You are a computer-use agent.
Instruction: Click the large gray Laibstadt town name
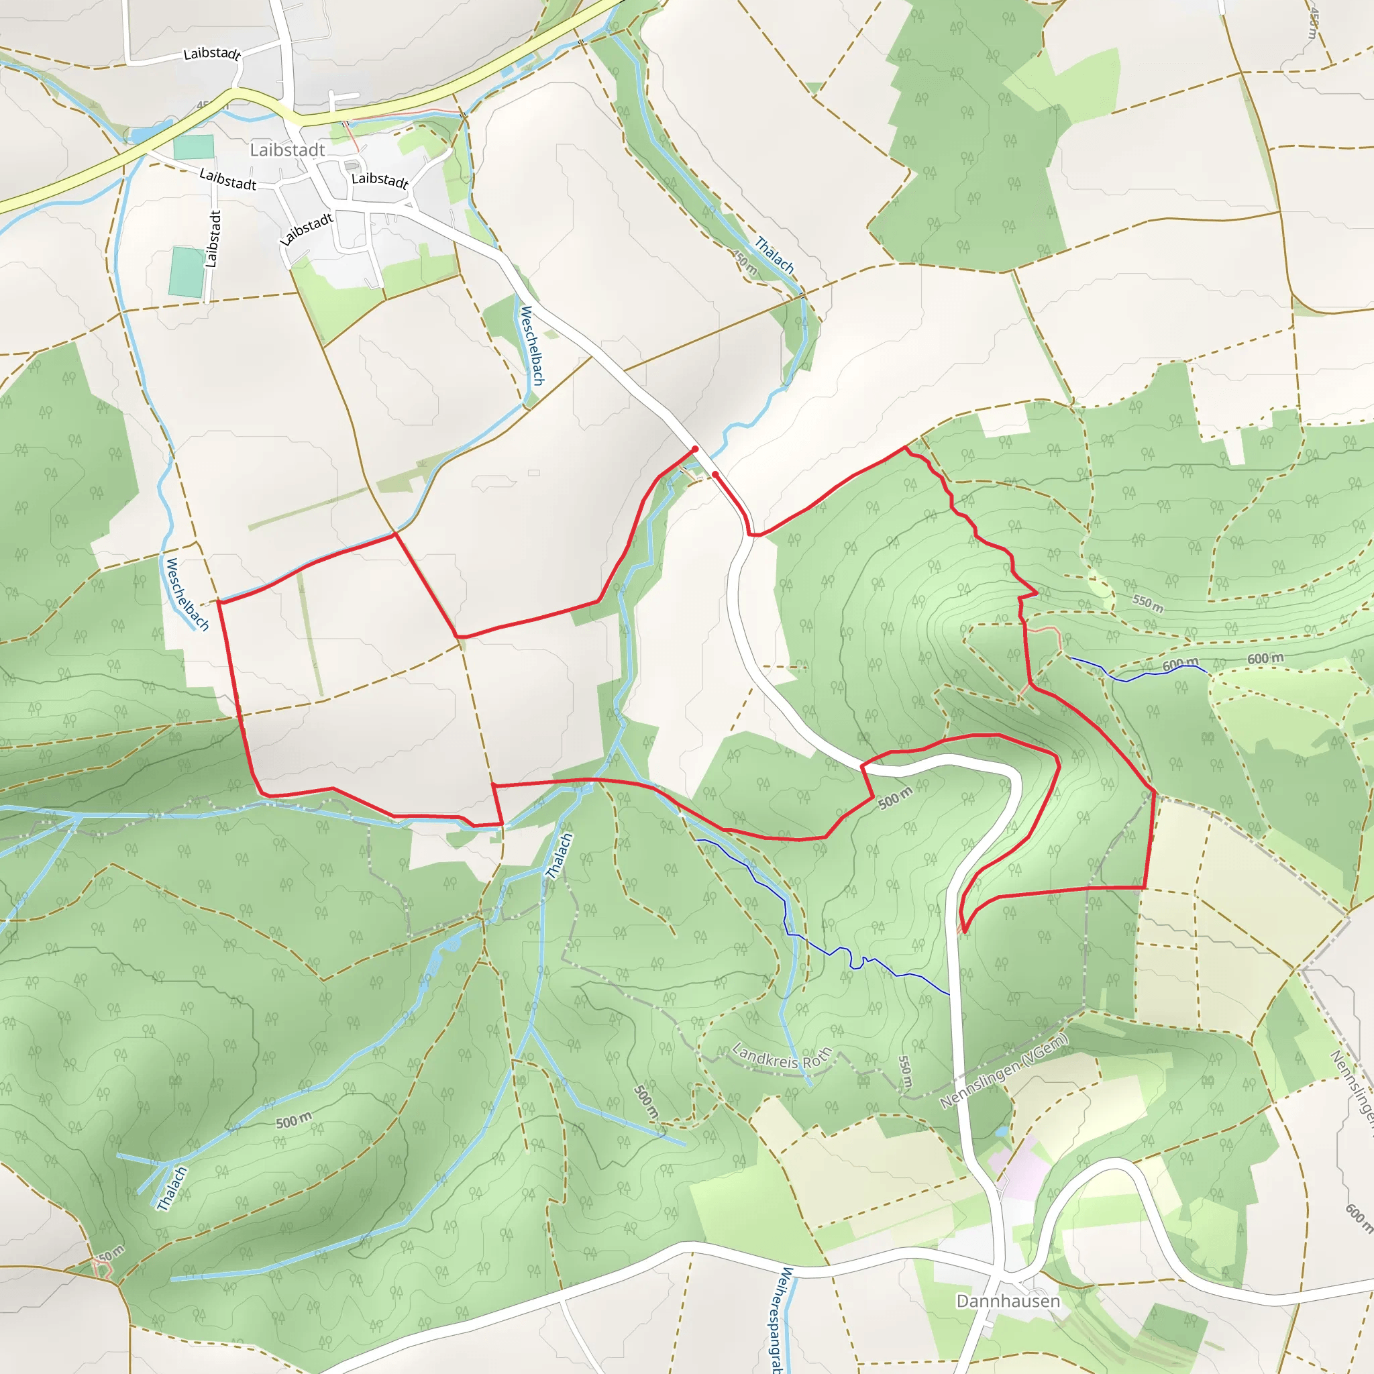pos(287,150)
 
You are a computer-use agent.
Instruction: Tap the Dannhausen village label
pos(1008,1301)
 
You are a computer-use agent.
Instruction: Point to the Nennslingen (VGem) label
pos(1004,1071)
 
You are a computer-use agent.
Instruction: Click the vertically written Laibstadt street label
pos(213,239)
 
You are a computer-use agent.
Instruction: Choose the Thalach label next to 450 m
pos(774,254)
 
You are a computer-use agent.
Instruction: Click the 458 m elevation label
pos(1312,23)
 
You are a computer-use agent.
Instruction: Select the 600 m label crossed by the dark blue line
pos(1180,664)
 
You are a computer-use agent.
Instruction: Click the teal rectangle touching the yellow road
pos(193,146)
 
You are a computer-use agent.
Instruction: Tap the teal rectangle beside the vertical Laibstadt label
pos(187,272)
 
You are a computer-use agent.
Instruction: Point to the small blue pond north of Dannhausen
pos(1002,1130)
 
